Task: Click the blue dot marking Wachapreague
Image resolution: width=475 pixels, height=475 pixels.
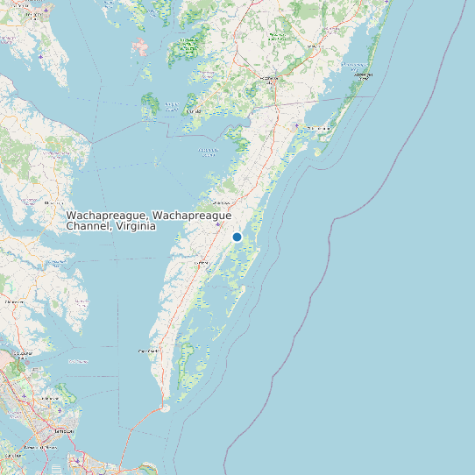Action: pyautogui.click(x=237, y=237)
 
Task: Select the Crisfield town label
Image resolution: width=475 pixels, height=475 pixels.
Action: pyautogui.click(x=194, y=112)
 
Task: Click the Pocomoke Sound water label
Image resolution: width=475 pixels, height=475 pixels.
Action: pyautogui.click(x=208, y=152)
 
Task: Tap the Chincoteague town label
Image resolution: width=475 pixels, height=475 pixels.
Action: pyautogui.click(x=319, y=128)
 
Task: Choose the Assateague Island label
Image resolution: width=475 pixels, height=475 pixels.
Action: pyautogui.click(x=363, y=74)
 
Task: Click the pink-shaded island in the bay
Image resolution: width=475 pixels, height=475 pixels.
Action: pyautogui.click(x=140, y=46)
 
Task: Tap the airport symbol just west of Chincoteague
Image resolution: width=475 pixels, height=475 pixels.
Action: pyautogui.click(x=297, y=127)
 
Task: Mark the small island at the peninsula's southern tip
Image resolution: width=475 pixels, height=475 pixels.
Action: pyautogui.click(x=164, y=408)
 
